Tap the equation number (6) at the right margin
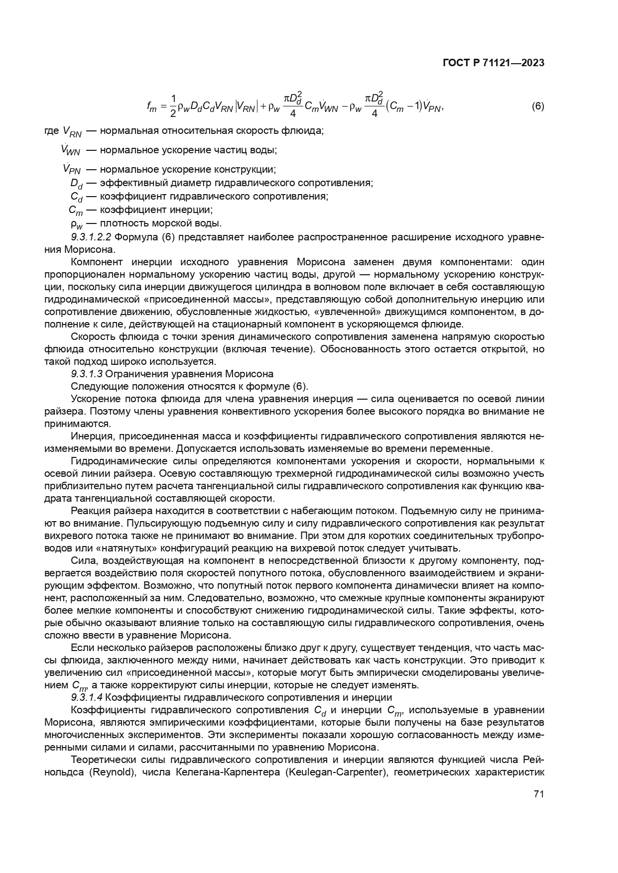pyautogui.click(x=538, y=106)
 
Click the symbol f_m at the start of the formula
pyautogui.click(x=152, y=107)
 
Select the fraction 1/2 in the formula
pyautogui.click(x=173, y=106)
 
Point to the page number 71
pyautogui.click(x=538, y=794)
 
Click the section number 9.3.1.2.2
pyautogui.click(x=91, y=237)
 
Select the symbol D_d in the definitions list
pyautogui.click(x=76, y=184)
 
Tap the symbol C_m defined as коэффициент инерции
pyautogui.click(x=76, y=211)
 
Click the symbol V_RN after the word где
pyautogui.click(x=72, y=132)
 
